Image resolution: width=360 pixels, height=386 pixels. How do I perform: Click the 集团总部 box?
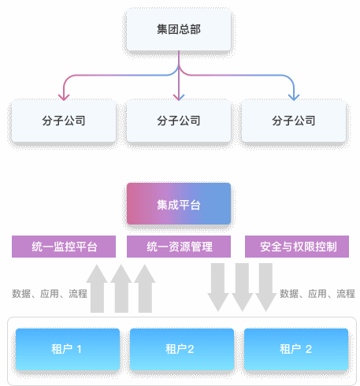(179, 29)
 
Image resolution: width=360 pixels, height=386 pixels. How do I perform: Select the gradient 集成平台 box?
(179, 204)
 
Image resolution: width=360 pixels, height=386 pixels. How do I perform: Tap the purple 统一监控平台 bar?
(64, 247)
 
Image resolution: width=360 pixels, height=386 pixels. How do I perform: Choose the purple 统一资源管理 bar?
(179, 247)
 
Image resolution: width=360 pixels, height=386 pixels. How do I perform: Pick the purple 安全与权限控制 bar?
(297, 247)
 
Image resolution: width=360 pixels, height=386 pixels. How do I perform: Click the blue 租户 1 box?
(68, 349)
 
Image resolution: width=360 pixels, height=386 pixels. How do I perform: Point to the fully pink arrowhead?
(64, 97)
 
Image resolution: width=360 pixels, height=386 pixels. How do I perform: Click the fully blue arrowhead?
(294, 97)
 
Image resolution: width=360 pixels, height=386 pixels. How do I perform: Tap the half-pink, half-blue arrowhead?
(179, 97)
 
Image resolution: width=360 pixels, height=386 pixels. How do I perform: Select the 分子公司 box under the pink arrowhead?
(64, 121)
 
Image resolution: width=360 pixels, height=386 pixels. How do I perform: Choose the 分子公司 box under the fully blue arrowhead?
(294, 121)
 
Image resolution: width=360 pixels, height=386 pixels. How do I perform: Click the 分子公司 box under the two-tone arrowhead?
(179, 121)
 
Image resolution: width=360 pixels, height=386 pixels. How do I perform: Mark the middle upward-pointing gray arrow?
(121, 288)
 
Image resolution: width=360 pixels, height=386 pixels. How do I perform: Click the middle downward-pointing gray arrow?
(242, 288)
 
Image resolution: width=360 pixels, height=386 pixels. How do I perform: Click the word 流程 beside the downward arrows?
(346, 294)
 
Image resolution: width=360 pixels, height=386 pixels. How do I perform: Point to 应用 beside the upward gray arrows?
(50, 294)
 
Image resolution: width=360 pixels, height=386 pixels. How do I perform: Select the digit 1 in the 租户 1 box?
(80, 350)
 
